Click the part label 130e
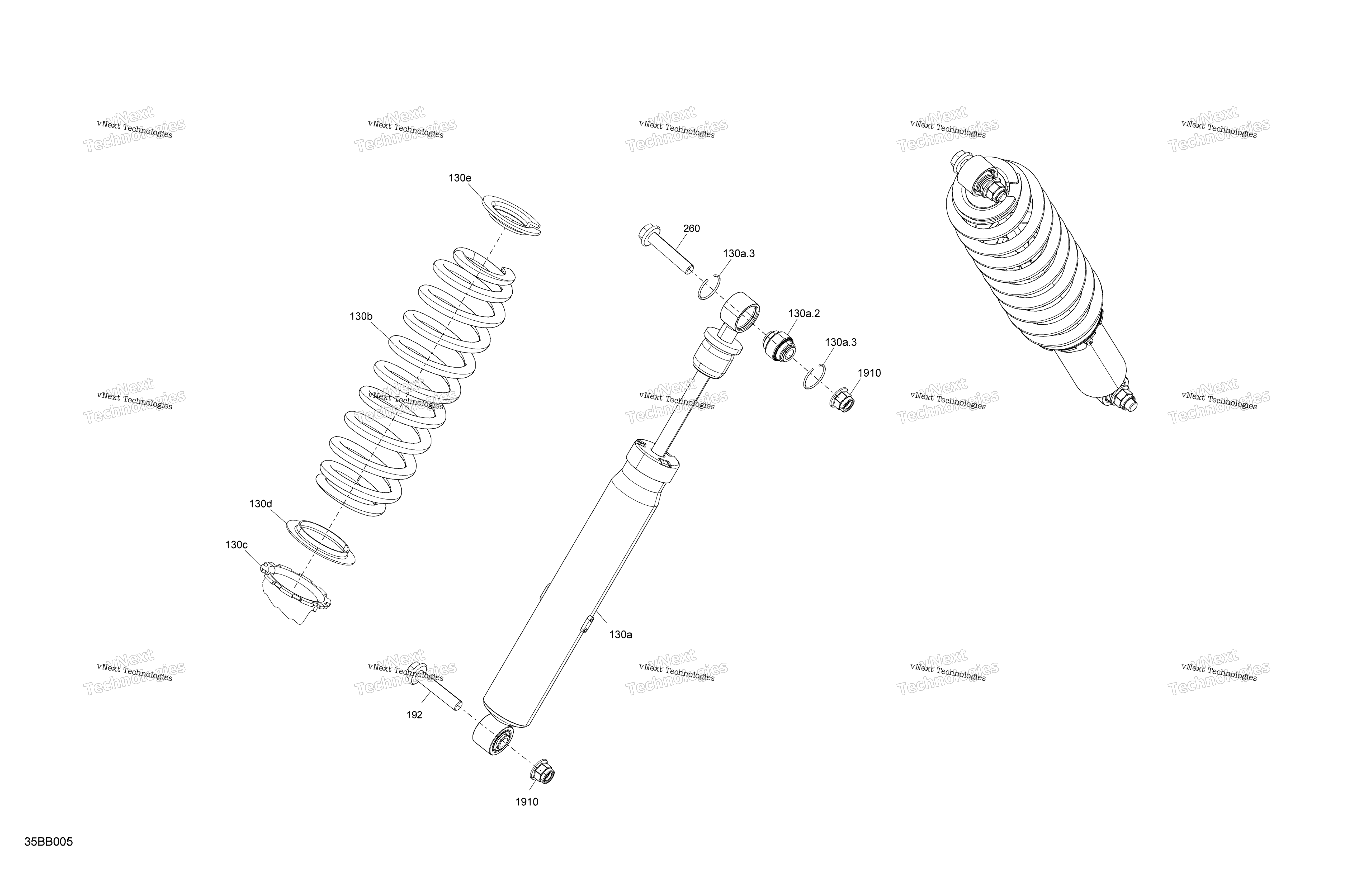(x=460, y=178)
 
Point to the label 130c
(x=236, y=545)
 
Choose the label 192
(x=414, y=715)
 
